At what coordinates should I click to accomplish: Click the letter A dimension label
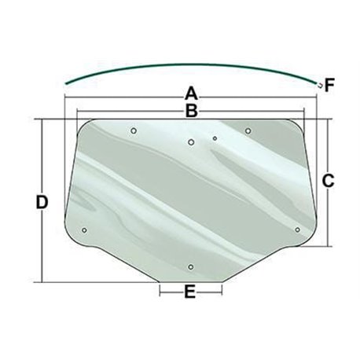pos(191,94)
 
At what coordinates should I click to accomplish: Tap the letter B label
pos(192,111)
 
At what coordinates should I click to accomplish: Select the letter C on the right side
pos(328,181)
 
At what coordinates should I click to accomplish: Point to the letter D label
pos(42,202)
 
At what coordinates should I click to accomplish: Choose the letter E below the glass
pos(190,292)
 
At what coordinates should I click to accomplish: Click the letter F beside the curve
pos(329,85)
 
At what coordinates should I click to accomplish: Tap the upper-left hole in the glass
pos(134,130)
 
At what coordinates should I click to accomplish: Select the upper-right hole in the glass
pos(248,130)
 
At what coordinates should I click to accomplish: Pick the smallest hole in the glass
pos(215,138)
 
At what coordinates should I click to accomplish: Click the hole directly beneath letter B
pos(191,142)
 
